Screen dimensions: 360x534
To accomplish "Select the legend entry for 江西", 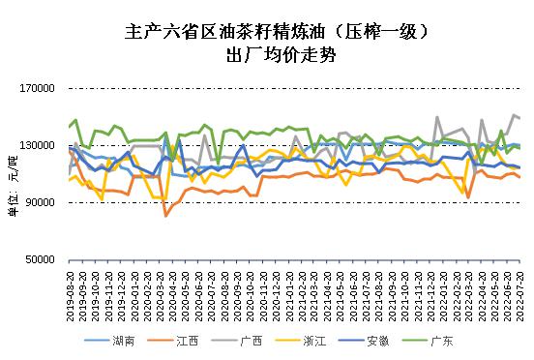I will (x=189, y=341).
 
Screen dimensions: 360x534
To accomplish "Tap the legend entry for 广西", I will (x=253, y=341).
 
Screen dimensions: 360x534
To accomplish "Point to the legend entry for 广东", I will (x=442, y=341).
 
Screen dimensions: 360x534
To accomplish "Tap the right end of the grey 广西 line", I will (x=519, y=118).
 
